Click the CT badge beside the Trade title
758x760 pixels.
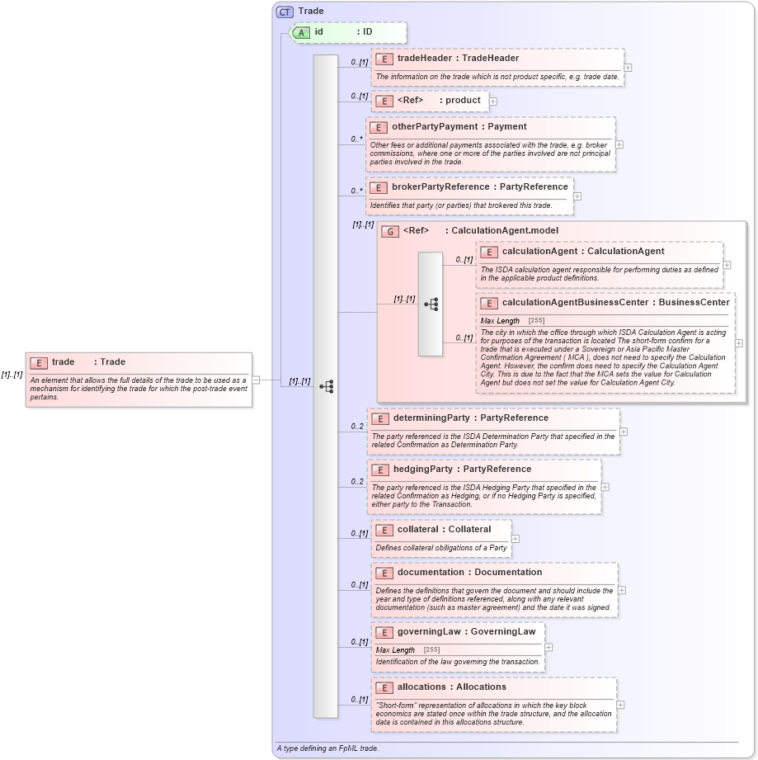(x=285, y=12)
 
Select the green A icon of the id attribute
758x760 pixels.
(x=302, y=32)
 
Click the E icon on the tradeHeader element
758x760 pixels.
(x=384, y=59)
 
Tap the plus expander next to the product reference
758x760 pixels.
(x=493, y=101)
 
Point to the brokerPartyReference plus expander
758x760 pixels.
(x=577, y=196)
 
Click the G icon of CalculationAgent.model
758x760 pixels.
(x=389, y=232)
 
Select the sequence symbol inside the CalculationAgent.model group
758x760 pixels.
(x=431, y=304)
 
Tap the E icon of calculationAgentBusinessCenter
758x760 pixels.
(x=489, y=303)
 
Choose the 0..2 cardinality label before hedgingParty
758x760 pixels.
(x=357, y=481)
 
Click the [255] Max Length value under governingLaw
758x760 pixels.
(x=431, y=650)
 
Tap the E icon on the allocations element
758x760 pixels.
(x=384, y=687)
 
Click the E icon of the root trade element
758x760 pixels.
(x=38, y=362)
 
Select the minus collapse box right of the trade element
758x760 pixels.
(x=256, y=380)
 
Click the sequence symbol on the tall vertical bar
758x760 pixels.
(x=326, y=386)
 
